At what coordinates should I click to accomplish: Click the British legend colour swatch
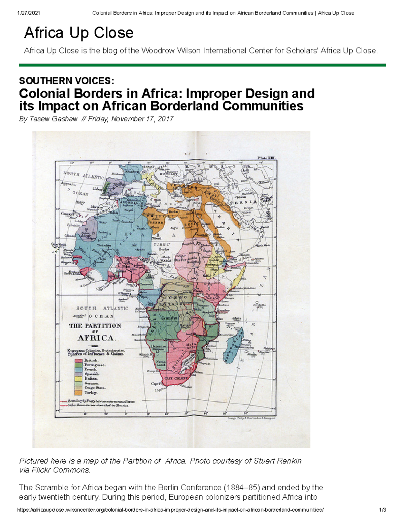click(x=78, y=360)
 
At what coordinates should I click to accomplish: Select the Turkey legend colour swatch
click(x=78, y=393)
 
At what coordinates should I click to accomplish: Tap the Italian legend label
click(x=91, y=379)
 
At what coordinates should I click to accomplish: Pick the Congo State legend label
click(x=95, y=388)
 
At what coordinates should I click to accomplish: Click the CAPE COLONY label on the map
click(x=176, y=378)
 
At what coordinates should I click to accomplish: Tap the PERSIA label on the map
click(x=243, y=202)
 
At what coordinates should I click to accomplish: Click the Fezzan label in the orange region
click(x=155, y=222)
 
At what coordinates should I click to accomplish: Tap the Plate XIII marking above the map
click(x=266, y=158)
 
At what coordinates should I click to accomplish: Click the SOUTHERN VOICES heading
click(x=67, y=81)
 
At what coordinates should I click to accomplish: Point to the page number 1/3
click(x=382, y=510)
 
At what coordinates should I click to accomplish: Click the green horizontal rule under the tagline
click(x=202, y=65)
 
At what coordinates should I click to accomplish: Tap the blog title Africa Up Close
click(x=79, y=33)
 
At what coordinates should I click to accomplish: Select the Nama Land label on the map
click(x=161, y=363)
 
